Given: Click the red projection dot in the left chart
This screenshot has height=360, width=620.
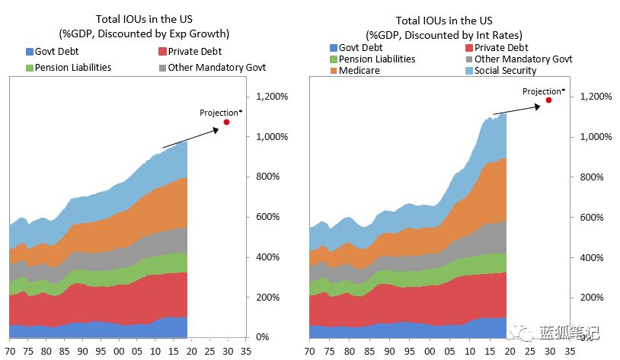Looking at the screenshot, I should [226, 122].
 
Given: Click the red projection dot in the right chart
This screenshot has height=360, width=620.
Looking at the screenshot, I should [548, 100].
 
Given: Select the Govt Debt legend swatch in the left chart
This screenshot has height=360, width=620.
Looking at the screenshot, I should [30, 52].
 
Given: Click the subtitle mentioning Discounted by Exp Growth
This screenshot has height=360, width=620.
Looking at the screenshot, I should [144, 33].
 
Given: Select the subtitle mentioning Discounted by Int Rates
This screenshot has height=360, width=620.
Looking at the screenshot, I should [443, 35].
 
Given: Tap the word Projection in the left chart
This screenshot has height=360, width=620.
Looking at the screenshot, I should [219, 113].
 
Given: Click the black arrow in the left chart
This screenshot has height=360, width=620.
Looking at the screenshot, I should [191, 138].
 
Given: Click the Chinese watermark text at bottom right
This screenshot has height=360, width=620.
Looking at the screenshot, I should [571, 333].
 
